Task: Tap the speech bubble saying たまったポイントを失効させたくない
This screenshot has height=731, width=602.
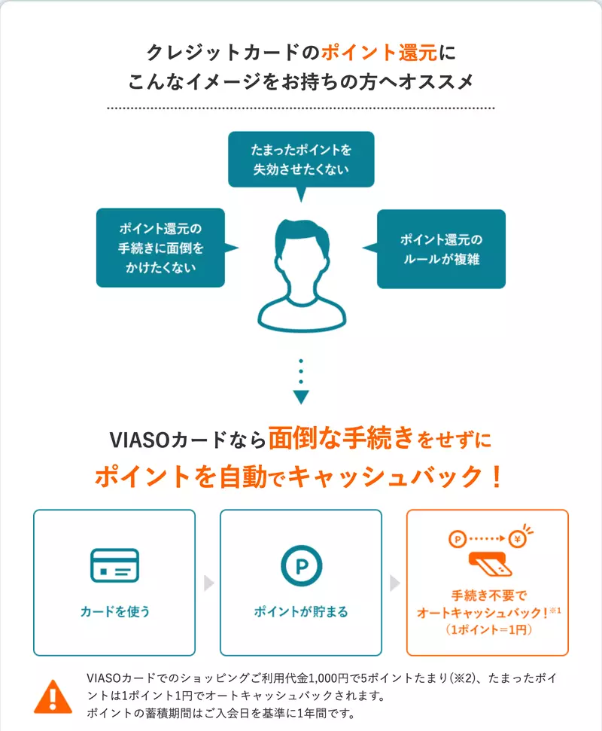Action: (x=300, y=159)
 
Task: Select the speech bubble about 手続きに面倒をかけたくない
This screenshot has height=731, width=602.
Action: (x=160, y=248)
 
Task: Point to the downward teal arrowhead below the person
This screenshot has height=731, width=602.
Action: (x=301, y=397)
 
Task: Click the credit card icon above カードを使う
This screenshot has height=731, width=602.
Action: (x=114, y=565)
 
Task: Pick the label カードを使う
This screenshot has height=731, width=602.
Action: (x=114, y=611)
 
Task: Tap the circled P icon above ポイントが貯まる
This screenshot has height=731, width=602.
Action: (x=301, y=565)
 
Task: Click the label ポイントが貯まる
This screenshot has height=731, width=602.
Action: (x=301, y=611)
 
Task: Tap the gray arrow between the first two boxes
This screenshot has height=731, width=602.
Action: (x=208, y=583)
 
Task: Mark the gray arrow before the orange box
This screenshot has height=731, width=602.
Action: (x=394, y=583)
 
